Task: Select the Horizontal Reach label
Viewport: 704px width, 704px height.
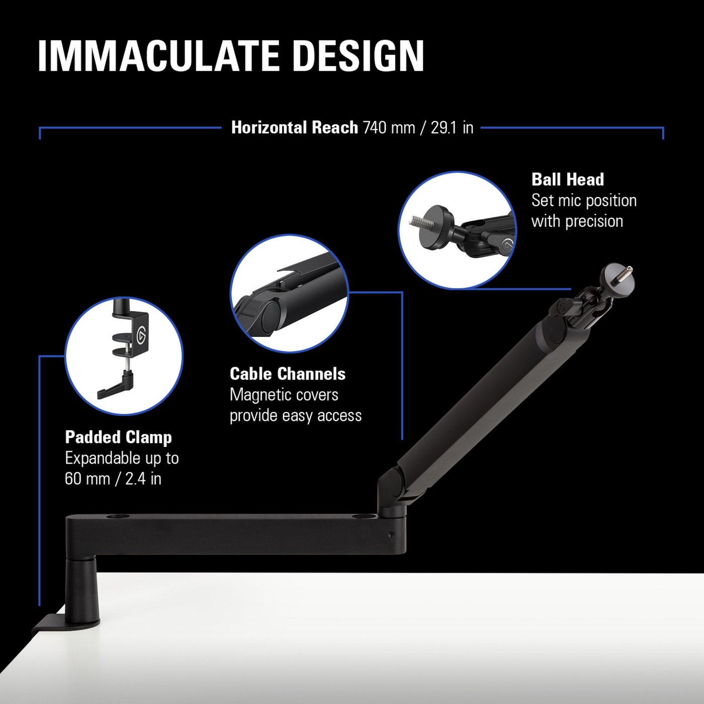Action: pyautogui.click(x=294, y=128)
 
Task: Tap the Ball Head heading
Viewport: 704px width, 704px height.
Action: pyautogui.click(x=568, y=180)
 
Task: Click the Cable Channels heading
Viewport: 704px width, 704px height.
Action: pyautogui.click(x=288, y=374)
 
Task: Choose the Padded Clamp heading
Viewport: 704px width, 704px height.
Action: pyautogui.click(x=118, y=437)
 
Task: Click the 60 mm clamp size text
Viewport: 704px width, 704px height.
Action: pyautogui.click(x=87, y=478)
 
